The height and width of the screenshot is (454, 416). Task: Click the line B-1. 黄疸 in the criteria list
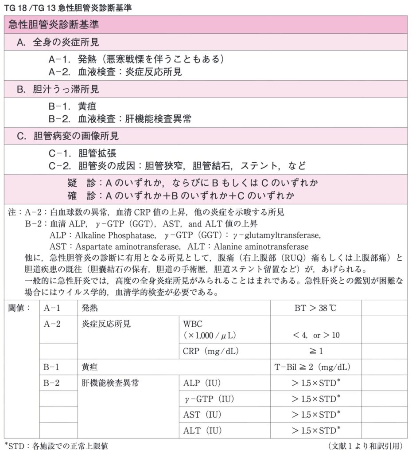coord(72,106)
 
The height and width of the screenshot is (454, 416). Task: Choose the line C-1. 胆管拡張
coord(82,153)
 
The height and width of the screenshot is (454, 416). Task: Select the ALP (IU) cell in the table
coord(202,383)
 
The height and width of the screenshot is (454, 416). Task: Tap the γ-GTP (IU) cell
coord(206,399)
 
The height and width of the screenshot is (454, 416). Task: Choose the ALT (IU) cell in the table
coord(202,430)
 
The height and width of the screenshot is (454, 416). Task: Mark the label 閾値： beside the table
coord(19,308)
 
